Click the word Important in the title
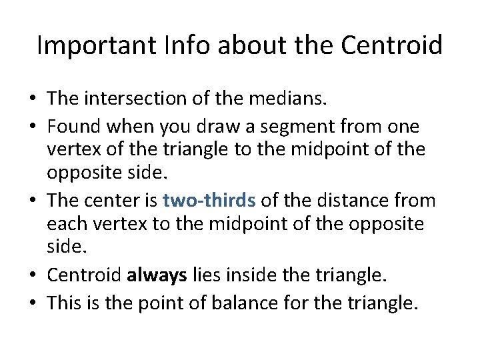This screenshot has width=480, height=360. pyautogui.click(x=91, y=46)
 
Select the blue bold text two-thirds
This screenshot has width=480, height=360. pyautogui.click(x=209, y=200)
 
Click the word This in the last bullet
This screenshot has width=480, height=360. pyautogui.click(x=64, y=303)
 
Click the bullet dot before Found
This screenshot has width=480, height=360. pyautogui.click(x=32, y=125)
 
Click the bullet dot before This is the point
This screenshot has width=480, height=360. pyautogui.click(x=32, y=304)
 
